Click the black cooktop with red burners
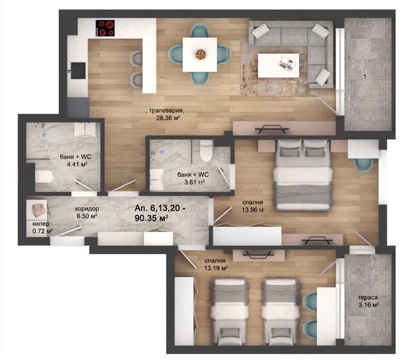[x=105, y=28]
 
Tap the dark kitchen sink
[x=78, y=70]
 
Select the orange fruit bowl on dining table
[x=200, y=55]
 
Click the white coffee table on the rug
[x=279, y=65]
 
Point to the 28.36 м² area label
[x=168, y=118]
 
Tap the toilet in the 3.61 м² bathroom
[x=206, y=151]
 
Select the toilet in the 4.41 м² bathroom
[x=44, y=177]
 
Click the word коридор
[x=87, y=209]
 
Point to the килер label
[x=41, y=224]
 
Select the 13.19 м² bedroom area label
[x=216, y=268]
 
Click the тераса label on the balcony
[x=368, y=298]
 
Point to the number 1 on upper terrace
[x=365, y=77]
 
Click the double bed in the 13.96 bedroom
[x=303, y=175]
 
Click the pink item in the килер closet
[x=40, y=210]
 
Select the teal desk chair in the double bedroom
[x=364, y=164]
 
